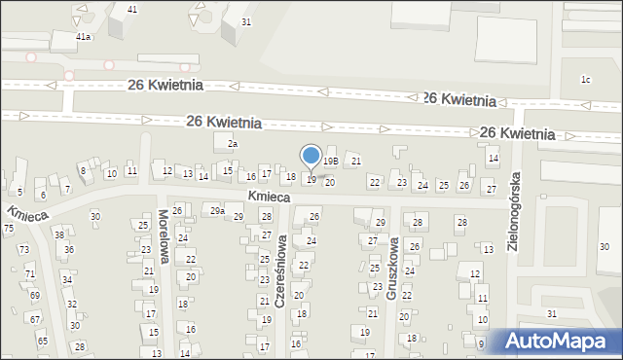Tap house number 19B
click(x=331, y=162)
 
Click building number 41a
click(x=85, y=36)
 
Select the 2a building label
click(x=232, y=144)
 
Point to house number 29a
click(x=218, y=211)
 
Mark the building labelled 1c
click(x=585, y=80)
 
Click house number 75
click(x=9, y=228)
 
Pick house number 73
click(x=24, y=249)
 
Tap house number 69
click(x=35, y=295)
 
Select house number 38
click(x=59, y=234)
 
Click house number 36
click(x=69, y=249)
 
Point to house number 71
click(x=29, y=274)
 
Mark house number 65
click(x=43, y=341)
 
